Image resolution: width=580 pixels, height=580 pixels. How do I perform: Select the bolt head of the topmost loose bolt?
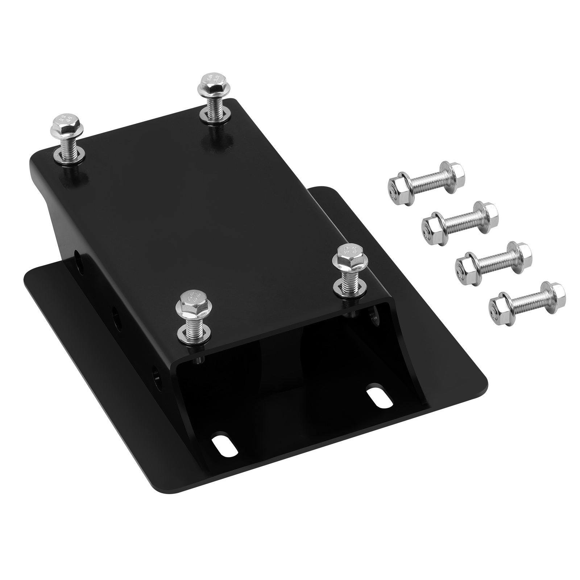click(x=451, y=174)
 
